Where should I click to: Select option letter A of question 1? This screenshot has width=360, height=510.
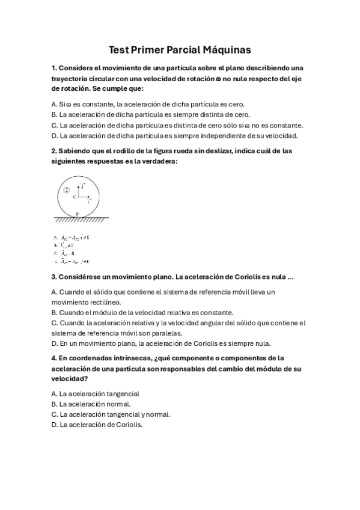(54, 103)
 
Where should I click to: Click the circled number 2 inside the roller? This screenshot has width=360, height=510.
(66, 189)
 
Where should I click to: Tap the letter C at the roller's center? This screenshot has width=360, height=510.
(75, 197)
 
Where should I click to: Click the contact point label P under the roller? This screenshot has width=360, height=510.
(78, 214)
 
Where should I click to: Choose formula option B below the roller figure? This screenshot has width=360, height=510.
(64, 245)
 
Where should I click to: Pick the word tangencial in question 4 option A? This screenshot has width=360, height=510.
(121, 393)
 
